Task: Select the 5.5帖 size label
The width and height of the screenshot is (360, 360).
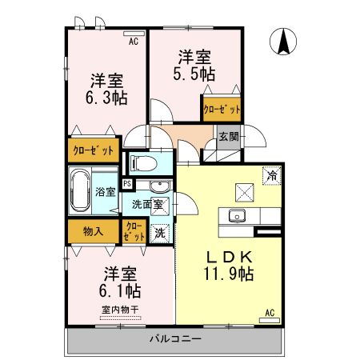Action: [x=194, y=73]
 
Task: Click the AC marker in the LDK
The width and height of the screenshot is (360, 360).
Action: [x=270, y=312]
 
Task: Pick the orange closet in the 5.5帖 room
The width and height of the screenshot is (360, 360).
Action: [x=219, y=109]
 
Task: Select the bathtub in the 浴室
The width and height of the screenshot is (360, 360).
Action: [x=80, y=191]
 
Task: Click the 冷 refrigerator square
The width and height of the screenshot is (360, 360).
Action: [x=272, y=173]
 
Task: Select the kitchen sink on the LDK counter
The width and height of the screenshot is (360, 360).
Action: [x=236, y=214]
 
